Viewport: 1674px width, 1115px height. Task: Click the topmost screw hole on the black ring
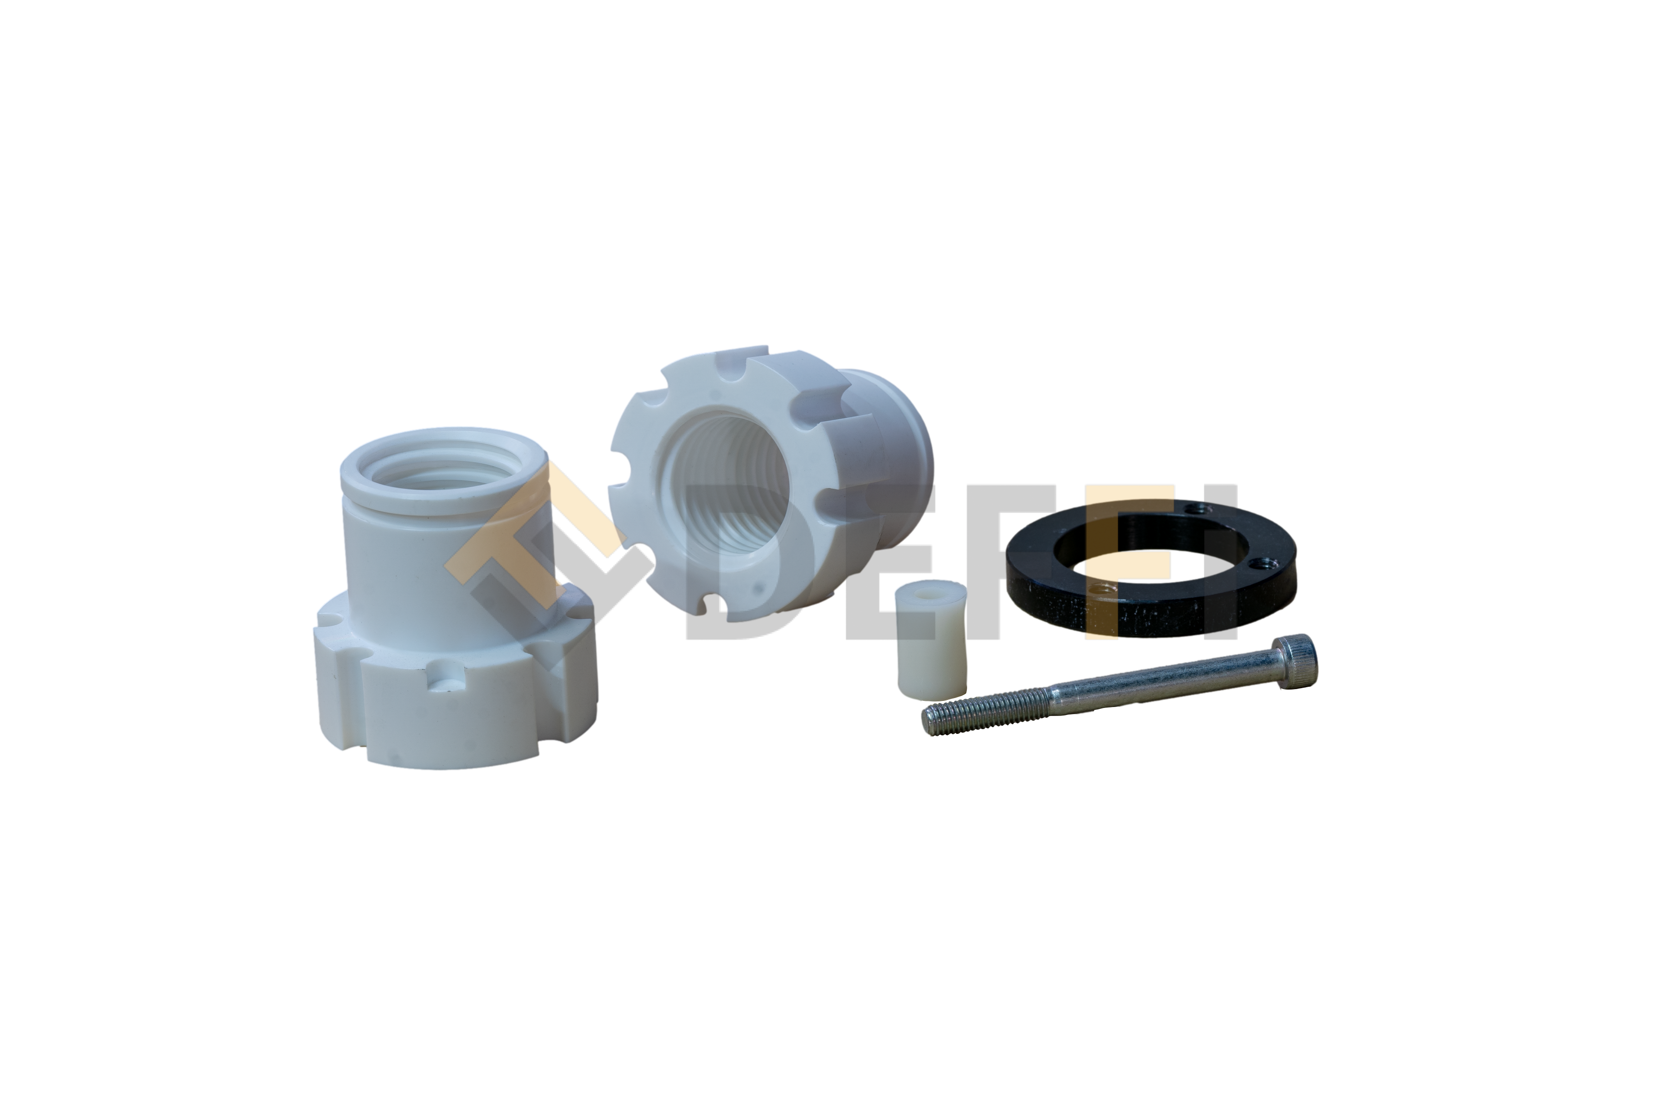click(x=1200, y=508)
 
